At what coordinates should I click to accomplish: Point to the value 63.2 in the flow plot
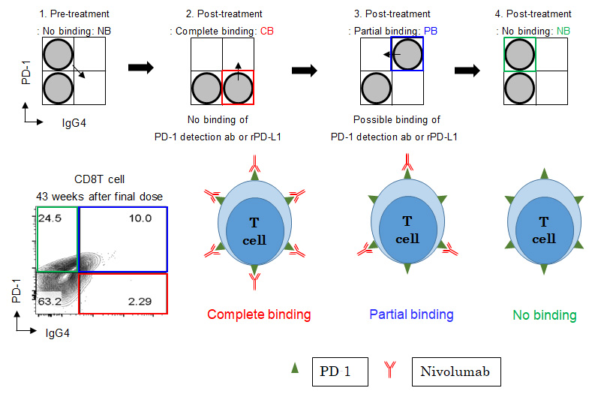coord(51,302)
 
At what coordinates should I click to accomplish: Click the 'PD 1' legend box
coord(340,370)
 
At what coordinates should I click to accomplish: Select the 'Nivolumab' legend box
coord(455,370)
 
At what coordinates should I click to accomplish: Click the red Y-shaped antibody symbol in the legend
coord(392,369)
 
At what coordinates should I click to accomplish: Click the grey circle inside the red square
coord(239,87)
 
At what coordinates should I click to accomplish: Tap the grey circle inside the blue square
coord(407,54)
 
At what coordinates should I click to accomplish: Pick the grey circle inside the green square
coord(519,54)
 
